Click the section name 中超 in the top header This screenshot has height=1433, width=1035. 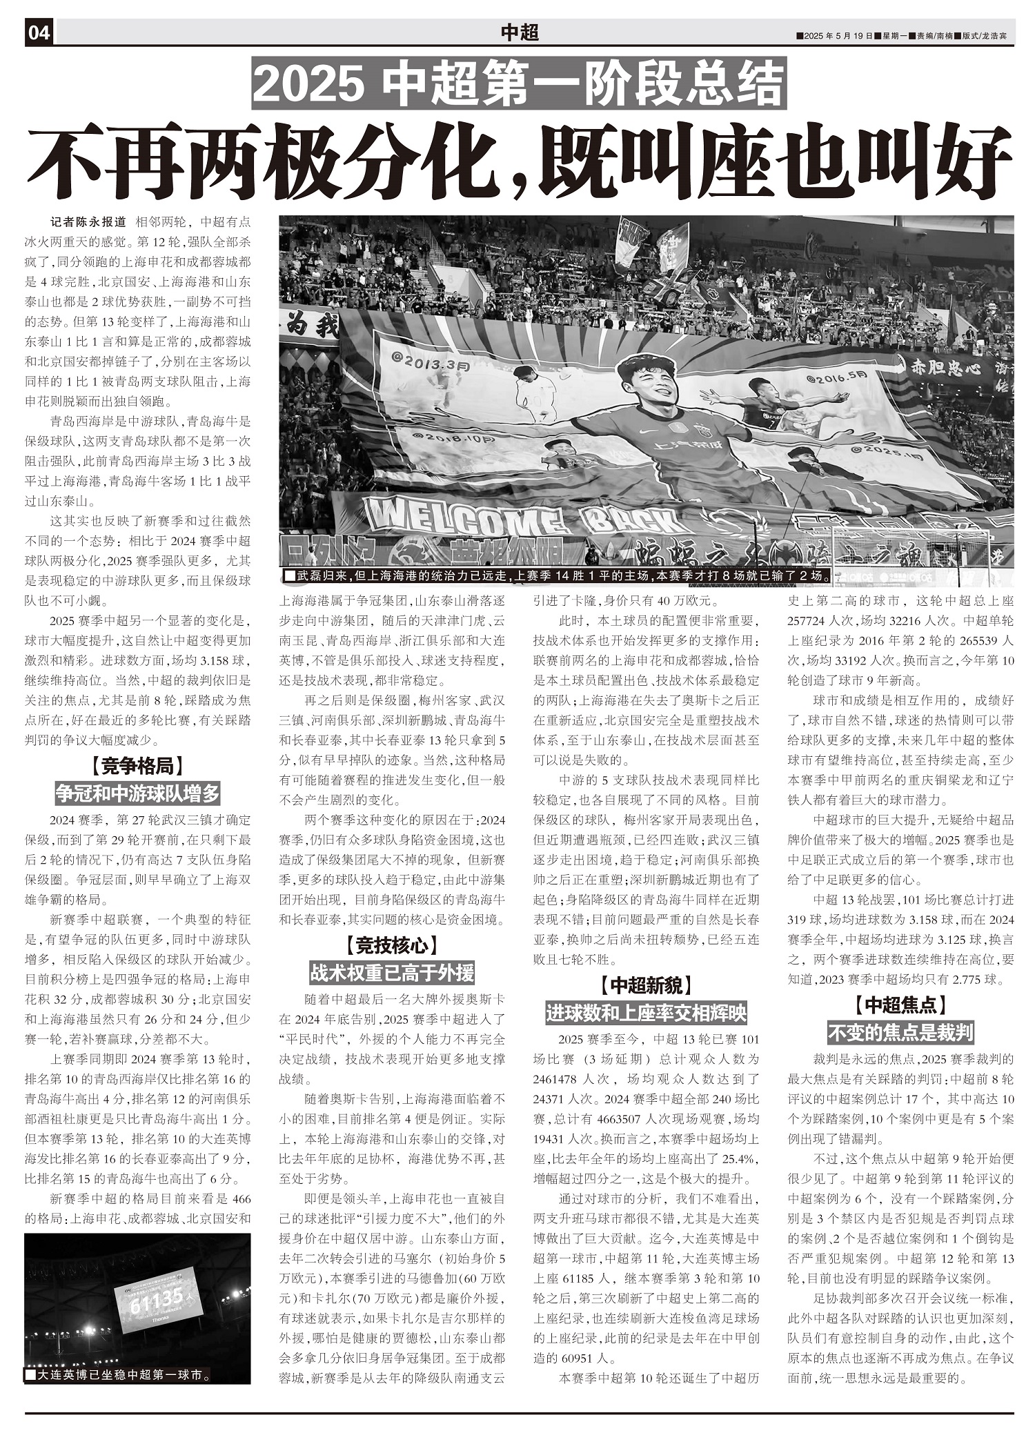[519, 32]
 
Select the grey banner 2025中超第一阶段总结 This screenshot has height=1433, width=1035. [519, 83]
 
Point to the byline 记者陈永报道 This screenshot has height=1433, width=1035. [89, 222]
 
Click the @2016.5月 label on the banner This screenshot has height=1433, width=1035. [836, 377]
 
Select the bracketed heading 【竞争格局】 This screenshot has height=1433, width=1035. [137, 765]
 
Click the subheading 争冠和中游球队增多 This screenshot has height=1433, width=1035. [137, 794]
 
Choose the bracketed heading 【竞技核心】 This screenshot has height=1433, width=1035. [391, 945]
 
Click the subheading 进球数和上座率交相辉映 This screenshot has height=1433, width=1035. [646, 1013]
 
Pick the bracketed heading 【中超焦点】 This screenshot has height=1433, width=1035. [900, 1004]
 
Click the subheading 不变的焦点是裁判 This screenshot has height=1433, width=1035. [900, 1033]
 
